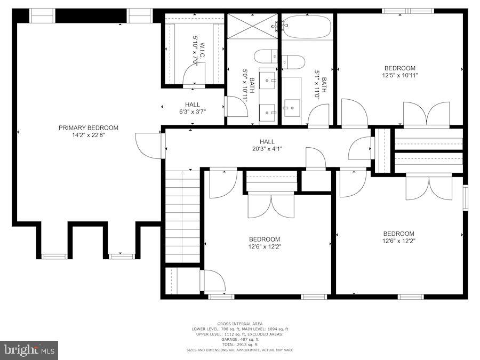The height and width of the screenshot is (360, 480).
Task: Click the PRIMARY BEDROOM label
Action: (89, 127)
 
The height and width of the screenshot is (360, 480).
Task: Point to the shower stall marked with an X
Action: (253, 26)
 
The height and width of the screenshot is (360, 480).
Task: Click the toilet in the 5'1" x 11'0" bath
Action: (293, 61)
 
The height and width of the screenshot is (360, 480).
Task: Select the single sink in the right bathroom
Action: (292, 108)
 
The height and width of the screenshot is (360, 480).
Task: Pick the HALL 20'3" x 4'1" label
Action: (267, 145)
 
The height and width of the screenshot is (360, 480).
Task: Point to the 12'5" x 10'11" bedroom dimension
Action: (400, 75)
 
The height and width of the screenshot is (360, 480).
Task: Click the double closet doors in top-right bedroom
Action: (426, 114)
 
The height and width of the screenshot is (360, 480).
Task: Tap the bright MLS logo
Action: (29, 350)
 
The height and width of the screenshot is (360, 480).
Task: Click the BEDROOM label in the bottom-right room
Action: (398, 234)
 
